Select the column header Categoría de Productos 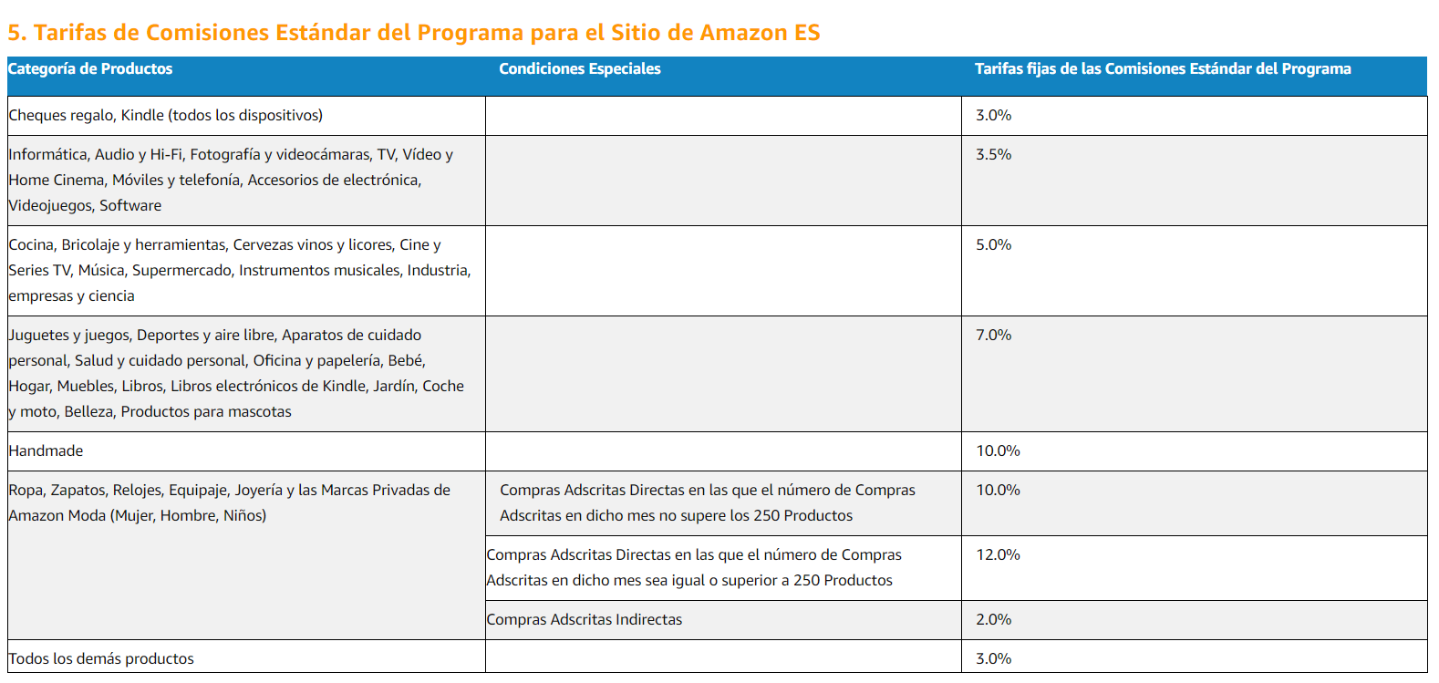click(90, 68)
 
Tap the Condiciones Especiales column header click(579, 68)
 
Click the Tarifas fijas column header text click(1163, 68)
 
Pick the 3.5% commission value click(993, 154)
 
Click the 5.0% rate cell click(993, 244)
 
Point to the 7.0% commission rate click(993, 335)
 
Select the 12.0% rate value click(998, 554)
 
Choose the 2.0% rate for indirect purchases click(993, 619)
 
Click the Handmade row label click(46, 451)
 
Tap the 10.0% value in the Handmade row click(998, 451)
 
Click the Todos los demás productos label click(101, 658)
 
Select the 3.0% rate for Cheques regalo click(993, 115)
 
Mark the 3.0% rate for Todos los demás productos click(993, 658)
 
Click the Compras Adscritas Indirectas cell click(584, 619)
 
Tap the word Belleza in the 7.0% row click(89, 412)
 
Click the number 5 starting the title click(14, 33)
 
